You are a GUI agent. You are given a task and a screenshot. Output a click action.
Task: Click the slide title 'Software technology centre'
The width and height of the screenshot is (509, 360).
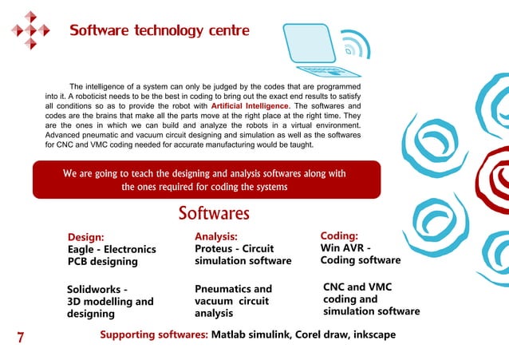click(x=160, y=31)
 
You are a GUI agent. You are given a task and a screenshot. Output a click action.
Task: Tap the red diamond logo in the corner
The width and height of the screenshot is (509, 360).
click(x=30, y=30)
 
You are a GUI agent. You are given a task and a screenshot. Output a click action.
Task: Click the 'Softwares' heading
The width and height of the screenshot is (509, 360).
click(x=214, y=214)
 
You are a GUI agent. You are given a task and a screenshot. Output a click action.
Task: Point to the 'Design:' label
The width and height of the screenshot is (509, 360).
click(x=85, y=237)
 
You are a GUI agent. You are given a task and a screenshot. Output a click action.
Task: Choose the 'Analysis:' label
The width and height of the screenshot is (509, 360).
click(x=216, y=236)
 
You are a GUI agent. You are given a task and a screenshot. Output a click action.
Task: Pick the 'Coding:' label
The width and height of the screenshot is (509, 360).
click(x=338, y=236)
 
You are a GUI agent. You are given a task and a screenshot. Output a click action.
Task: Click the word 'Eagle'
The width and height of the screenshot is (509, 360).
click(x=83, y=249)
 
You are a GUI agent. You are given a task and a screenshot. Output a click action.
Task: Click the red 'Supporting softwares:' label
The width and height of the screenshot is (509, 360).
click(x=154, y=334)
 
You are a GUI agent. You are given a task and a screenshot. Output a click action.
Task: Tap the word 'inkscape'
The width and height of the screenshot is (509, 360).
click(x=369, y=334)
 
